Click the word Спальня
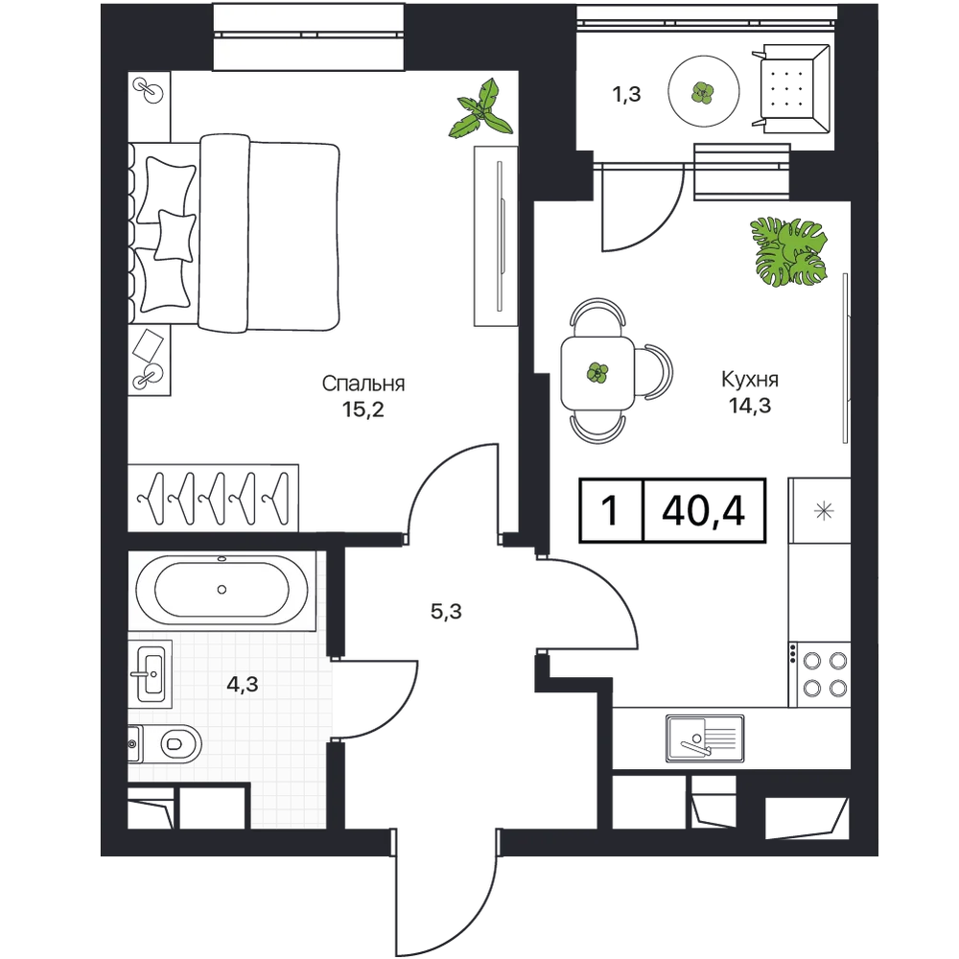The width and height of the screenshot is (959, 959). [x=363, y=384]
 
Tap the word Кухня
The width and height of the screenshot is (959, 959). [x=750, y=379]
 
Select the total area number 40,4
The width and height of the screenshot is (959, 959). [x=703, y=511]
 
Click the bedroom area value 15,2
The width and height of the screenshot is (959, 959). [x=363, y=409]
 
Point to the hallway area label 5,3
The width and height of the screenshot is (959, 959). [x=446, y=611]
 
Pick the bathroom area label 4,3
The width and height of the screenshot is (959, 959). [x=243, y=685]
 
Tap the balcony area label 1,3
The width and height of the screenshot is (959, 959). [x=626, y=94]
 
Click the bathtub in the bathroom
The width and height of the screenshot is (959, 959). [x=222, y=590]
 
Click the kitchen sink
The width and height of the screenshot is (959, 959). [x=705, y=738]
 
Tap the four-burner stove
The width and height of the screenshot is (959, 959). [x=820, y=674]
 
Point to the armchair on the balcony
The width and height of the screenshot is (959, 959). [x=790, y=88]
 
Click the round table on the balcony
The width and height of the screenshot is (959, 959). [x=703, y=92]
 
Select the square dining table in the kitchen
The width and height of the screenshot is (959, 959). [x=597, y=372]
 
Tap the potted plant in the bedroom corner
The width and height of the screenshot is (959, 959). [x=482, y=110]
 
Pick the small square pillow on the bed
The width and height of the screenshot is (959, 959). [x=175, y=235]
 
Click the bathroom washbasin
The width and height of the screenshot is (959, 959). [x=150, y=673]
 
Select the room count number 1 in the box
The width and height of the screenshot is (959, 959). [x=610, y=511]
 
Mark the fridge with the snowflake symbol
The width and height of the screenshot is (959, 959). [x=820, y=511]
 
